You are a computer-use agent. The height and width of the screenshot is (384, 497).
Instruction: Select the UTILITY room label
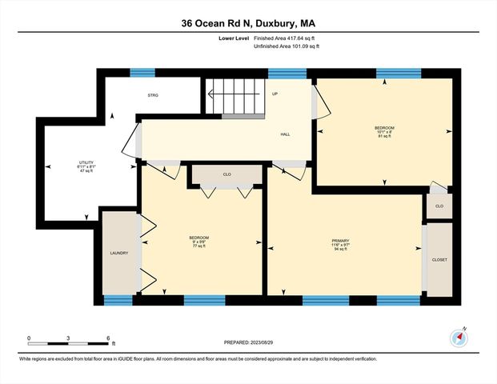tap(86, 164)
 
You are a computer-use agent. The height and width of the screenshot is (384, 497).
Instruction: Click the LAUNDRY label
tap(119, 254)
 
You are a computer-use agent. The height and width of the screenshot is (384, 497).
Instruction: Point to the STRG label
tap(153, 95)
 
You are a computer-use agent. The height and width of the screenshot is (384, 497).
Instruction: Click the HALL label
tap(285, 134)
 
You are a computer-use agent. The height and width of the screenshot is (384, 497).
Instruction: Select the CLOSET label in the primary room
tap(439, 260)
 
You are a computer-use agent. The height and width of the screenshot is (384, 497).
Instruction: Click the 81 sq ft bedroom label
tap(384, 131)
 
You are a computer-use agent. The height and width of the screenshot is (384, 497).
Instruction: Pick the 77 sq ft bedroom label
tap(198, 242)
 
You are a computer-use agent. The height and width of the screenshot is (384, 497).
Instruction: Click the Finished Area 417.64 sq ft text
tap(286, 38)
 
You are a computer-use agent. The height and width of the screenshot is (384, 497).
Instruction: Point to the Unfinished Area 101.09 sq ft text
tap(286, 47)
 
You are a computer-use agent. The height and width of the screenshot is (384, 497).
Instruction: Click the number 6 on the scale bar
tap(108, 338)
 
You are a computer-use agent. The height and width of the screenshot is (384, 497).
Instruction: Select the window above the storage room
tap(142, 73)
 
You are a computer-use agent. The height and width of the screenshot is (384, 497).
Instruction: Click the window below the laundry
tap(118, 301)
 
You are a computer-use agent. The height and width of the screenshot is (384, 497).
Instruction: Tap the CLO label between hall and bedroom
tap(227, 174)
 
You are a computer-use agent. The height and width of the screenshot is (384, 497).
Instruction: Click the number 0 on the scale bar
tap(29, 338)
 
